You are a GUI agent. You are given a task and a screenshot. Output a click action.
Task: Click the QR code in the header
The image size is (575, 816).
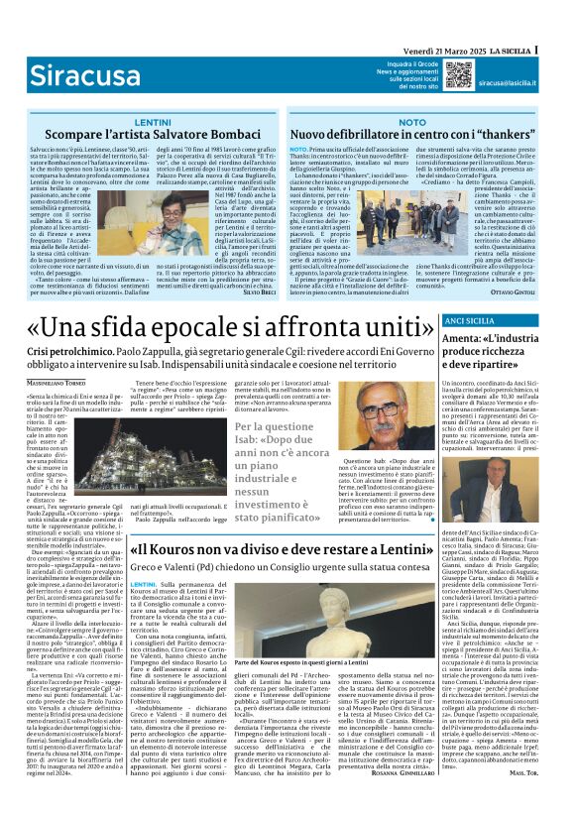tap(458, 73)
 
